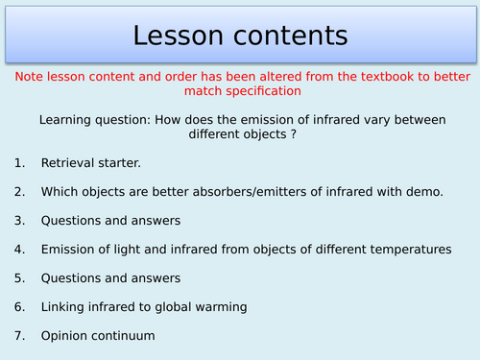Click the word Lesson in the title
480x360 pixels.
[x=179, y=36]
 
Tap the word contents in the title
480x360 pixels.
[x=285, y=36]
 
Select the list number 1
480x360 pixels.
[x=19, y=164]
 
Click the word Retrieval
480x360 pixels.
[x=70, y=164]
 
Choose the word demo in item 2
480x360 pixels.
[x=423, y=192]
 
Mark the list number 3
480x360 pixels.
[x=19, y=220]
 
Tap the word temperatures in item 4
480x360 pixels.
[x=410, y=249]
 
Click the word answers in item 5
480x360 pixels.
[x=159, y=277]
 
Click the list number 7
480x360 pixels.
[x=19, y=336]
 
